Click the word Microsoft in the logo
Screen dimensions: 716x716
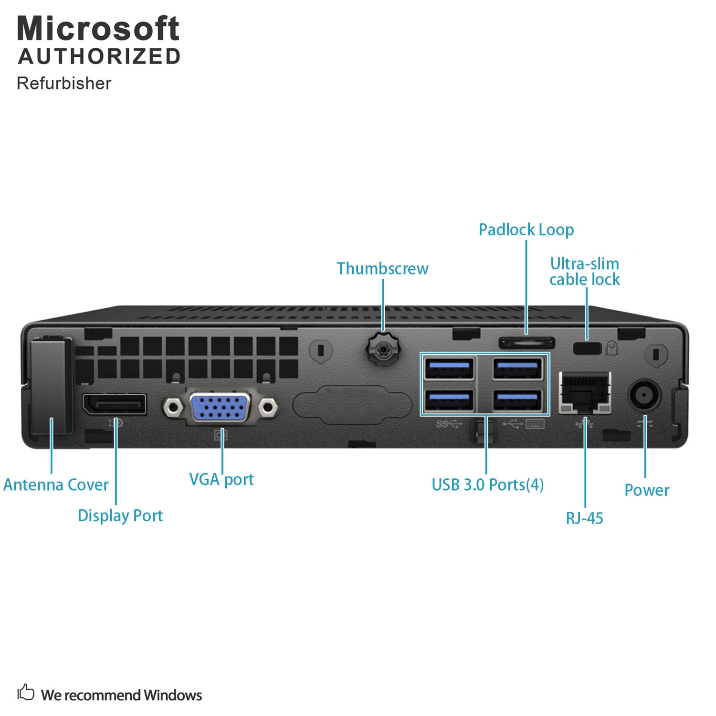[98, 29]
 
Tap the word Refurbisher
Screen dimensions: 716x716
[64, 83]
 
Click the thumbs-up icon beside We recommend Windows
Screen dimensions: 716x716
[26, 692]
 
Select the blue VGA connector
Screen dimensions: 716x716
[220, 407]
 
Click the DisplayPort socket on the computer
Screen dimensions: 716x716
[115, 405]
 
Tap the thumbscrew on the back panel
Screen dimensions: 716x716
[383, 350]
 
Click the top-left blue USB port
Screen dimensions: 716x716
[449, 368]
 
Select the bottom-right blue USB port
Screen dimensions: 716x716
[517, 400]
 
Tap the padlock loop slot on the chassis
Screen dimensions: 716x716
[526, 343]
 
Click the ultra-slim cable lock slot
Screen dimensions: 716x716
[587, 348]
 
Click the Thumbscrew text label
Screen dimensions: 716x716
[382, 269]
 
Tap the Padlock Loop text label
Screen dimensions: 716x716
[526, 230]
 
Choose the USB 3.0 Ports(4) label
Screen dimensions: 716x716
[487, 485]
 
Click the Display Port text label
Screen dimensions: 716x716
[120, 516]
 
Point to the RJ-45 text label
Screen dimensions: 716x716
[584, 518]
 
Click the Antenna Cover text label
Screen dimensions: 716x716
[56, 485]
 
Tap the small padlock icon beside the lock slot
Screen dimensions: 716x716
[611, 348]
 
